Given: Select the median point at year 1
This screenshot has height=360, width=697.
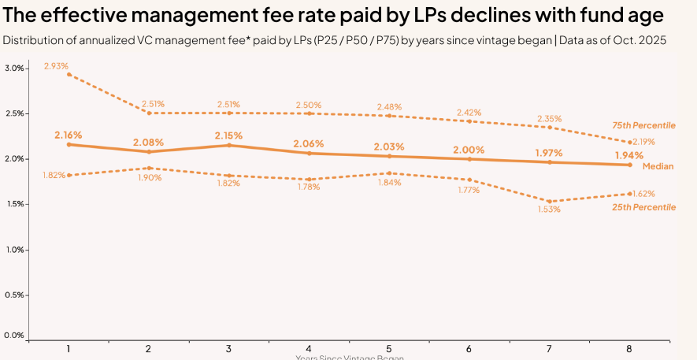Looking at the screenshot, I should [69, 144].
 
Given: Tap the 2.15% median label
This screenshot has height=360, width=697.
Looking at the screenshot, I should [229, 135].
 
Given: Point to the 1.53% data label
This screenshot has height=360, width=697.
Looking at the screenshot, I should [549, 210].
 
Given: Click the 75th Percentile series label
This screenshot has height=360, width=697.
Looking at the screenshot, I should [643, 126].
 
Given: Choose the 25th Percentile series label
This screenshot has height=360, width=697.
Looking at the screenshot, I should [643, 207].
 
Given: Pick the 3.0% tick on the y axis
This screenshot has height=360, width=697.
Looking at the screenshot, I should [14, 69].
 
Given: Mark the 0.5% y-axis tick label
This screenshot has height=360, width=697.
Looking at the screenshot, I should [14, 295].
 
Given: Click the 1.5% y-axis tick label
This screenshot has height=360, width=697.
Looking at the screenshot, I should [14, 204].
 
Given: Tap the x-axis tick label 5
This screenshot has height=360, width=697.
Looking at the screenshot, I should [390, 348].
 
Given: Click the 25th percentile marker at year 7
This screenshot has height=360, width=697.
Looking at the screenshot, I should [551, 201].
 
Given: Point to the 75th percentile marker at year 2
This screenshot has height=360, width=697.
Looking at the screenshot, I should [149, 113].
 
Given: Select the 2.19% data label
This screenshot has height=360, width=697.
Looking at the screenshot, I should [643, 142].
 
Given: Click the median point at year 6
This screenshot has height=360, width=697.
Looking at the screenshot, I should [470, 159].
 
